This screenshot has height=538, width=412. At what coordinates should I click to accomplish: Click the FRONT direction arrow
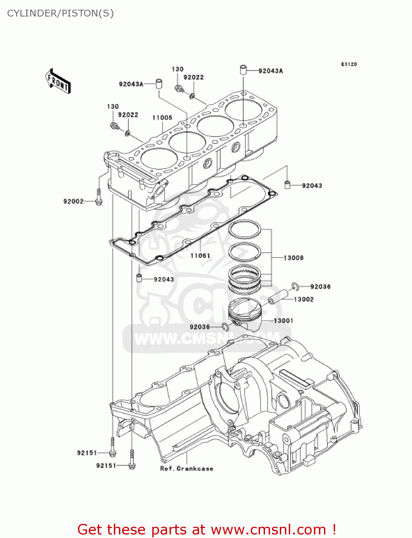click(x=57, y=81)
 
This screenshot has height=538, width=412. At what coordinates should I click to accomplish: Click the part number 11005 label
click(x=162, y=118)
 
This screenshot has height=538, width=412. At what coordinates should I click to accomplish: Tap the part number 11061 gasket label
click(x=200, y=256)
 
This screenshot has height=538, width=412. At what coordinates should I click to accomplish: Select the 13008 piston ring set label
click(x=293, y=258)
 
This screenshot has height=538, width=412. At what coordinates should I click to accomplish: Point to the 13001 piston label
click(x=283, y=321)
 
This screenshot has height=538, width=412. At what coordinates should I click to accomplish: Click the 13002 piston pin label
click(x=304, y=299)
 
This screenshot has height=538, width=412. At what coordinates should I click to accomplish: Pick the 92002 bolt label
click(x=73, y=202)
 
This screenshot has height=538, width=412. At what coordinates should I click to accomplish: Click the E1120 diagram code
click(x=349, y=64)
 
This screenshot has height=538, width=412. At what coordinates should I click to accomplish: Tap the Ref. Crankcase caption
click(x=186, y=469)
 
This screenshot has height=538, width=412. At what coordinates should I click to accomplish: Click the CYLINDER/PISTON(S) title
click(x=60, y=13)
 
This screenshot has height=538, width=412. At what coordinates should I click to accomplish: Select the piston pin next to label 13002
click(x=278, y=296)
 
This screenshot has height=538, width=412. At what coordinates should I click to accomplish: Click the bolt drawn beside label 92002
click(x=99, y=197)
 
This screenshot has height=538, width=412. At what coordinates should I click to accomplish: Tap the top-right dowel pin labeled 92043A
click(x=243, y=69)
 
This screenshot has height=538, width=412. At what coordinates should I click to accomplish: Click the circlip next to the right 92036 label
click(x=295, y=286)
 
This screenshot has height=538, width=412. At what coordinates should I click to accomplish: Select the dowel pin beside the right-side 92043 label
click(x=287, y=185)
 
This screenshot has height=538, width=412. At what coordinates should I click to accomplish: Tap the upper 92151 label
click(x=87, y=453)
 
